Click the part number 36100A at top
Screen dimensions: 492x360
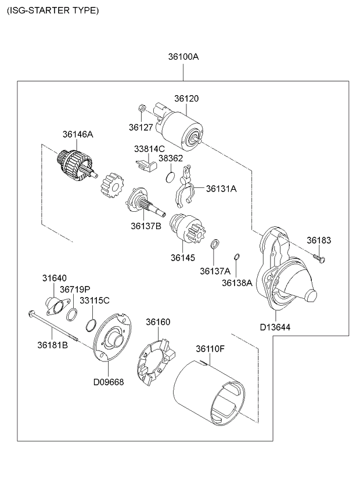pyautogui.click(x=183, y=57)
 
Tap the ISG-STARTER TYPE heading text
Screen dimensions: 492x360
pyautogui.click(x=52, y=10)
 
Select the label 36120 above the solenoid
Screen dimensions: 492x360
pyautogui.click(x=186, y=99)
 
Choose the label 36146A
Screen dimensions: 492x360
pyautogui.click(x=78, y=134)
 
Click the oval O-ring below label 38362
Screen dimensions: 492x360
pyautogui.click(x=170, y=175)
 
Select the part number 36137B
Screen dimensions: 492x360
pyautogui.click(x=146, y=225)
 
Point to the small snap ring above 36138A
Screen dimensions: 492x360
pyautogui.click(x=236, y=257)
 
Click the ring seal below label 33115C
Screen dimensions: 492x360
pyautogui.click(x=91, y=323)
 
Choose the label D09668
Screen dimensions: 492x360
pyautogui.click(x=109, y=382)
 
